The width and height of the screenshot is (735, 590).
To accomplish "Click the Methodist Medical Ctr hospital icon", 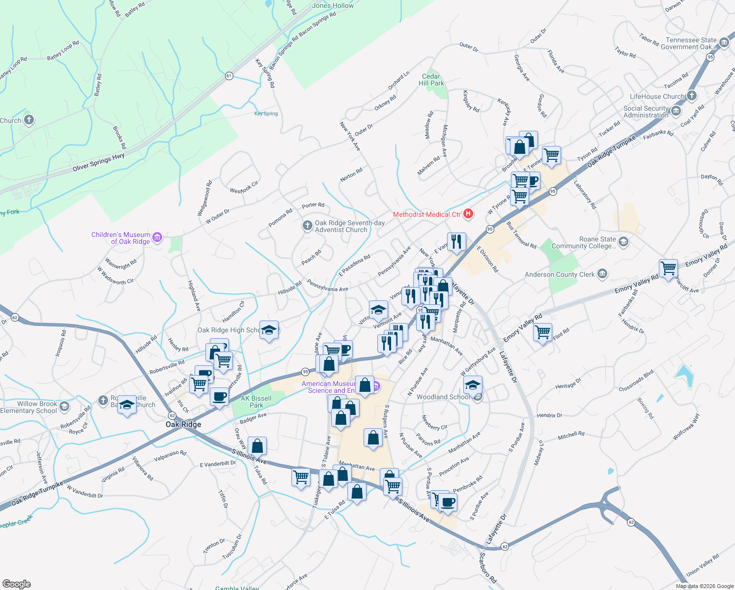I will click(x=468, y=214).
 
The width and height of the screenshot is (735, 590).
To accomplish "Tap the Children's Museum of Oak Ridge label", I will click(x=121, y=238).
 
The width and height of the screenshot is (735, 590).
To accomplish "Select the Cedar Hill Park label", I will click(x=431, y=80).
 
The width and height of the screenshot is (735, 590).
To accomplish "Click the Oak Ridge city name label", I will click(x=183, y=424).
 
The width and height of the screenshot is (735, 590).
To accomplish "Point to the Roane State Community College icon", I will click(x=623, y=241).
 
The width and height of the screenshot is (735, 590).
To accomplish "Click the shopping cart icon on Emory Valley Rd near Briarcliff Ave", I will click(x=668, y=269).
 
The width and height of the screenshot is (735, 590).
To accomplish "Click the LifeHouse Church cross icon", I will click(x=692, y=95).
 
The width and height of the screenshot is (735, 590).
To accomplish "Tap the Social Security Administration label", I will click(x=646, y=112).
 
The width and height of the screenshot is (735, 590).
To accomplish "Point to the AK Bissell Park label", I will click(x=256, y=402).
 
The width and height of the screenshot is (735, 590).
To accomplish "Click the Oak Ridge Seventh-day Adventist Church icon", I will click(x=307, y=226).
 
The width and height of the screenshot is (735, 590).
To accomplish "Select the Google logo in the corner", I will click(x=17, y=584).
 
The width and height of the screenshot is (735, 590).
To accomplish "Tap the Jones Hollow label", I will click(x=333, y=6).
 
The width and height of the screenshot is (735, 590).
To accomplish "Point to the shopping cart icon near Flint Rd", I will click(x=542, y=333).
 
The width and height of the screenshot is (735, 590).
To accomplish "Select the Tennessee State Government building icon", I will click(x=724, y=43).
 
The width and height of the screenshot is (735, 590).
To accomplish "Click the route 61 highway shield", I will click(x=229, y=76).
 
